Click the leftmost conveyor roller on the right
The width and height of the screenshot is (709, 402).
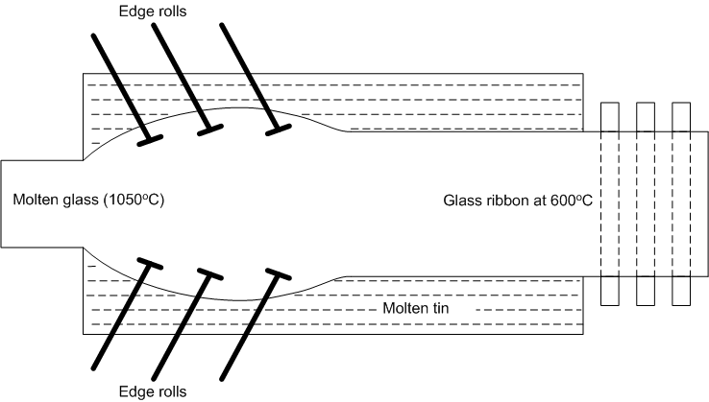click(x=610, y=202)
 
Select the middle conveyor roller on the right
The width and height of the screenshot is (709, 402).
click(x=646, y=202)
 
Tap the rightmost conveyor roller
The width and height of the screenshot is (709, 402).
click(x=681, y=202)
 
